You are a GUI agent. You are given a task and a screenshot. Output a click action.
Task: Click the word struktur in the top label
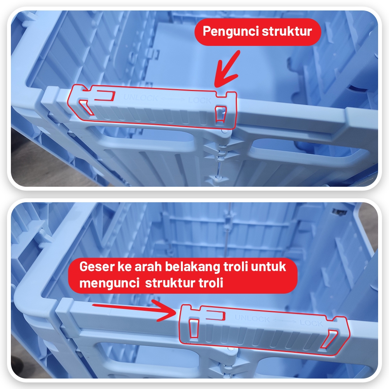[x=287, y=31]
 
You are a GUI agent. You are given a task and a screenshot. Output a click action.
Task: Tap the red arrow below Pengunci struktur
[x=226, y=70]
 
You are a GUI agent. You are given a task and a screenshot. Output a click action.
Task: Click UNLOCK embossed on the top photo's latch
[x=140, y=98]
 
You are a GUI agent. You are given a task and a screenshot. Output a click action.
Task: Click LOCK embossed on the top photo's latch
[x=200, y=100]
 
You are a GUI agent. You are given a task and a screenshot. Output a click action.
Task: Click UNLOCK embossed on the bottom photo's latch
[x=252, y=318]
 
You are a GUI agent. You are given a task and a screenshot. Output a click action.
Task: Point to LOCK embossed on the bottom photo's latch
[x=311, y=322]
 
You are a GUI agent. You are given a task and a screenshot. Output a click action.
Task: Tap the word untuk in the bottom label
[x=268, y=267]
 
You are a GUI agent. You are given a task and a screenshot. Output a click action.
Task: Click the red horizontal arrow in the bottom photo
[x=134, y=310]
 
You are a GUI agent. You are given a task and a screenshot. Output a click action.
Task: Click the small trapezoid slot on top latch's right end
[x=221, y=114]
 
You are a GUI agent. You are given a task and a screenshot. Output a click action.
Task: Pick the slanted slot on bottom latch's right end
[x=329, y=339]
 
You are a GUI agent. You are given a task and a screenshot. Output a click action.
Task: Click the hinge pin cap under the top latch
[x=224, y=131]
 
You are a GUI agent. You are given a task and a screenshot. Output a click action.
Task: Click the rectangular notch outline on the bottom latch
[x=216, y=315]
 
